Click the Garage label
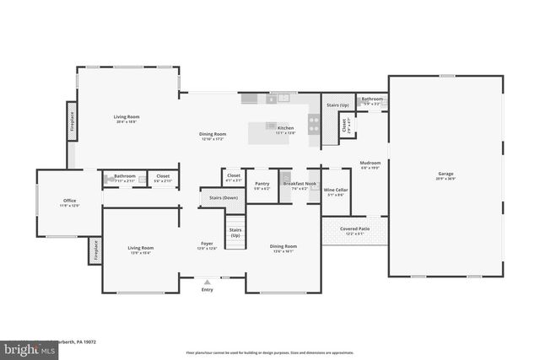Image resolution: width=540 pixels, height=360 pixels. tap(445, 175)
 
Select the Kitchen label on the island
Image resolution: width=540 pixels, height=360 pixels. tap(285, 128)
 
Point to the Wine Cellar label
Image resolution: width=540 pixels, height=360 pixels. tap(334, 191)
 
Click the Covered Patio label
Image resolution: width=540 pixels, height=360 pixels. tap(354, 228)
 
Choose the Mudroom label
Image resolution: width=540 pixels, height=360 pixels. tap(370, 163)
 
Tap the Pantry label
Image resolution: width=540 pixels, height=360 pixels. tap(262, 183)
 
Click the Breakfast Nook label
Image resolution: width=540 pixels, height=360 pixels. tap(300, 183)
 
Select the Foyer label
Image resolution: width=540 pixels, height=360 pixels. tap(207, 244)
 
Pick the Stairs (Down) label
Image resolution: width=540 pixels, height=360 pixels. tap(219, 197)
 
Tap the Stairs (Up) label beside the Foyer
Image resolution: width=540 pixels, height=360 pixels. tap(235, 231)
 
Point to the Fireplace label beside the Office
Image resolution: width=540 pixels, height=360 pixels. tap(96, 250)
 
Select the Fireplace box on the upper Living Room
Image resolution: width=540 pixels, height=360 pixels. tap(72, 121)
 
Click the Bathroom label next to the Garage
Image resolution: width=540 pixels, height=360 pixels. tap(372, 99)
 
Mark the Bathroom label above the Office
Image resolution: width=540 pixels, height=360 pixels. tap(125, 175)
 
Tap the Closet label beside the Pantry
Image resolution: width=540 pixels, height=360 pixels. tap(233, 177)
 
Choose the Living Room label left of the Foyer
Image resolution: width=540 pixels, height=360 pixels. tap(140, 247)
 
